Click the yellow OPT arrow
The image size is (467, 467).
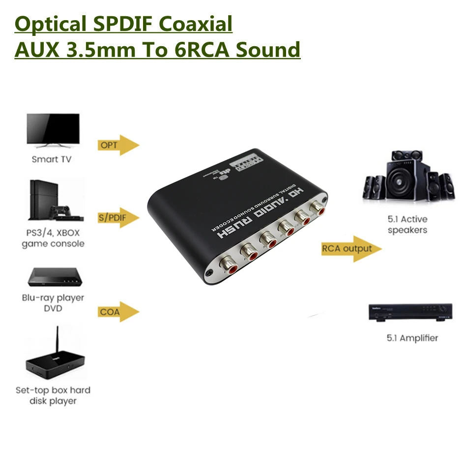coord(118,145)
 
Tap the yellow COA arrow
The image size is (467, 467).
coord(118,312)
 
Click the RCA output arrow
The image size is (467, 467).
coord(350,249)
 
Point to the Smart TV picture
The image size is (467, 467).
coord(53,130)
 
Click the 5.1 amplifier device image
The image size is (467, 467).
coord(410,313)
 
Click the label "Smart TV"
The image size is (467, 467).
coord(52,159)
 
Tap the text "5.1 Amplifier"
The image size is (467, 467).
coord(411,338)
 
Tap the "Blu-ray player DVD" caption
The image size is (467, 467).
coord(53,303)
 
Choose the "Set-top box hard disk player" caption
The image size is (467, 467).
coord(53,396)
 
